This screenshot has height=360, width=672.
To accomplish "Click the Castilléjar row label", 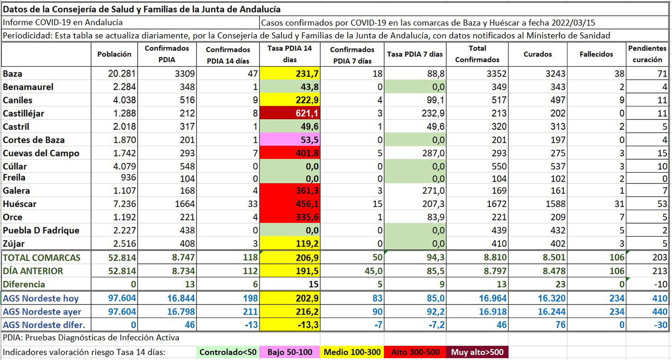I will [x=23, y=113].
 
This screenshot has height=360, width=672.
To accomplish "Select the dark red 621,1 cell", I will [x=290, y=113].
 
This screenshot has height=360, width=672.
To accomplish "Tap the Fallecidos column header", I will [x=596, y=54].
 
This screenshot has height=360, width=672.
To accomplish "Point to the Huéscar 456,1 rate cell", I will [x=290, y=204].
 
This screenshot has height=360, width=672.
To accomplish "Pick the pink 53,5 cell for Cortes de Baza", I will [x=290, y=140].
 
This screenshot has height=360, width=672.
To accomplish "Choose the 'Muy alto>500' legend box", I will [x=477, y=352].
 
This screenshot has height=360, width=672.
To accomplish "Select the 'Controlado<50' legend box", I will [x=228, y=352].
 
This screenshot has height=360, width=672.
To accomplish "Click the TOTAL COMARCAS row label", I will [x=42, y=258].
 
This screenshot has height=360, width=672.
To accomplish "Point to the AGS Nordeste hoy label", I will [x=41, y=298].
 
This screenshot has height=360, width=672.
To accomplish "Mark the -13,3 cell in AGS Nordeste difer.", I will [x=290, y=325].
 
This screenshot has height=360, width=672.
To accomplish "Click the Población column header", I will [x=114, y=54].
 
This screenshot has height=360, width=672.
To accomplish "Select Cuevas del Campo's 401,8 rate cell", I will [x=290, y=153].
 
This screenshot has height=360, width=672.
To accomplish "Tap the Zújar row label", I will [x=14, y=243].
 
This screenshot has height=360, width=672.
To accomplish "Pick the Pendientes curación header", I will [x=647, y=54].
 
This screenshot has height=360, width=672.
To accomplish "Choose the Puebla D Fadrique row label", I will [x=41, y=230].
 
